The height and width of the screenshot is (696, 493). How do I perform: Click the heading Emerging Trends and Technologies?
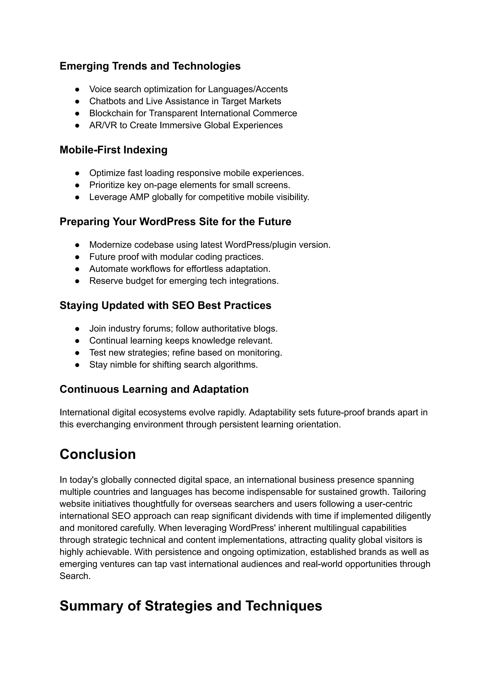(x=150, y=66)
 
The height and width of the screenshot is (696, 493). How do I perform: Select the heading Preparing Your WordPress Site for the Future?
(x=175, y=222)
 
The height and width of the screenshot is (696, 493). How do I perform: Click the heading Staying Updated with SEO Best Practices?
(x=165, y=306)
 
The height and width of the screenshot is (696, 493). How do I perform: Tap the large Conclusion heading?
(x=97, y=454)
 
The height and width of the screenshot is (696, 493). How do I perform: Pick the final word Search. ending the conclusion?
(x=75, y=576)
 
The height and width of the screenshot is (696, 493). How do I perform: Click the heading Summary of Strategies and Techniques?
(x=191, y=606)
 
